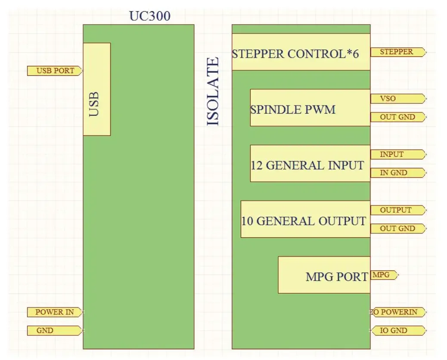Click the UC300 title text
coord(150,16)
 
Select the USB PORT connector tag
coord(55,71)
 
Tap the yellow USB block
coord(96,89)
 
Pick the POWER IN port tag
coord(54,312)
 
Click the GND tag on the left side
coord(54,331)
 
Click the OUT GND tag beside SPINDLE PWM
coord(397,117)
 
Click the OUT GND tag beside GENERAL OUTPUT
coord(397,229)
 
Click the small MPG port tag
coord(383,275)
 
